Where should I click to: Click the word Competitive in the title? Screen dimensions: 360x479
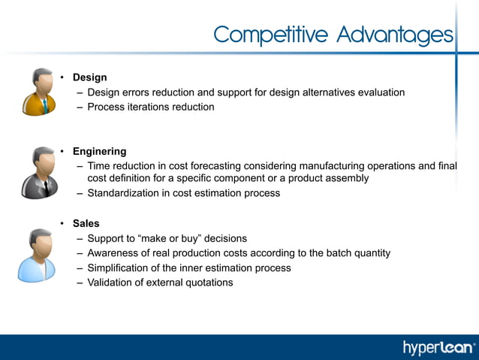point(272,35)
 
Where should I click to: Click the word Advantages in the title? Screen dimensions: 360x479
point(395,35)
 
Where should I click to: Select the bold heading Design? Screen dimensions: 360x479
point(89,77)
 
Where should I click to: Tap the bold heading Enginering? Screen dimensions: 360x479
point(99,151)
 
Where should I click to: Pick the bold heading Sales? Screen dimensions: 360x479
point(86,223)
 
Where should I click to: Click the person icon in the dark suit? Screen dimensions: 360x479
point(38,172)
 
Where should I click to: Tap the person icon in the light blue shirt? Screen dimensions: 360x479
point(37,256)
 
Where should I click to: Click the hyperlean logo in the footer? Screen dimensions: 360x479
point(439,347)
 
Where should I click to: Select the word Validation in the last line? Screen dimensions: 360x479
point(111,283)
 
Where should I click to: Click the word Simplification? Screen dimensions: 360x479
point(123,268)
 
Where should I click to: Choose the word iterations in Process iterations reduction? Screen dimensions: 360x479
point(149,107)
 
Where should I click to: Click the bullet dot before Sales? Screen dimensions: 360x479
point(63,223)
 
